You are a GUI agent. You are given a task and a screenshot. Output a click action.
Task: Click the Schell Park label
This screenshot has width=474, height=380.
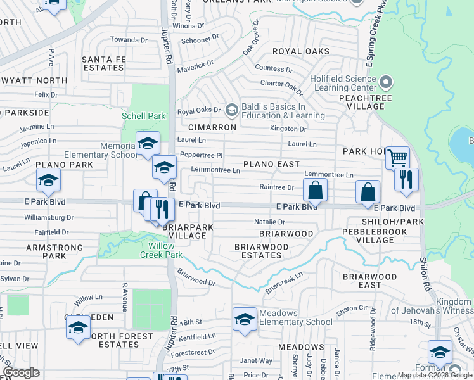click(144, 116)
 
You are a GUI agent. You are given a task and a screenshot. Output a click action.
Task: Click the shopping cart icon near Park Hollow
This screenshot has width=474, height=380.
click(397, 157)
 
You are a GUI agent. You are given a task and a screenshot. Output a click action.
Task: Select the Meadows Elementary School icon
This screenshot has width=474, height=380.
click(245, 319)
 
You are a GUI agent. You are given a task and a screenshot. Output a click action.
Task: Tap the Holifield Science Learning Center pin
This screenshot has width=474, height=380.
click(386, 82)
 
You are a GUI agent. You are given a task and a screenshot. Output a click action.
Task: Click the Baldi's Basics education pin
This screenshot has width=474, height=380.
click(231, 111)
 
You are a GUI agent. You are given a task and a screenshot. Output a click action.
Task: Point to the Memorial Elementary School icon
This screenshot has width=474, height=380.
click(148, 142)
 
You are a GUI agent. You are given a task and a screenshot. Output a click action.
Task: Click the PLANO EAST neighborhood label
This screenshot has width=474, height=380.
click(271, 164)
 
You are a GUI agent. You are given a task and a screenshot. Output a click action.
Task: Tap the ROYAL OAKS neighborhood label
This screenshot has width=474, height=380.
click(301, 51)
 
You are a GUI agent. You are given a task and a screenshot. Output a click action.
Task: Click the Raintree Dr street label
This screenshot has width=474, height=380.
click(277, 187)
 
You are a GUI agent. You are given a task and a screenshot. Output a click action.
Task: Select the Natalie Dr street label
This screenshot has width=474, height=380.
click(269, 222)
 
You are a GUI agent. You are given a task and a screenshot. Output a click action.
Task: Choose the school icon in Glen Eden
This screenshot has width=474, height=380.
click(78, 326)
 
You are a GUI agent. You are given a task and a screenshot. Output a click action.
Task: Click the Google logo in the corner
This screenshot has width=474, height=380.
click(22, 372)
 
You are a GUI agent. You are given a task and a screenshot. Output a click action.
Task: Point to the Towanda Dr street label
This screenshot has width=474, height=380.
click(129, 39)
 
